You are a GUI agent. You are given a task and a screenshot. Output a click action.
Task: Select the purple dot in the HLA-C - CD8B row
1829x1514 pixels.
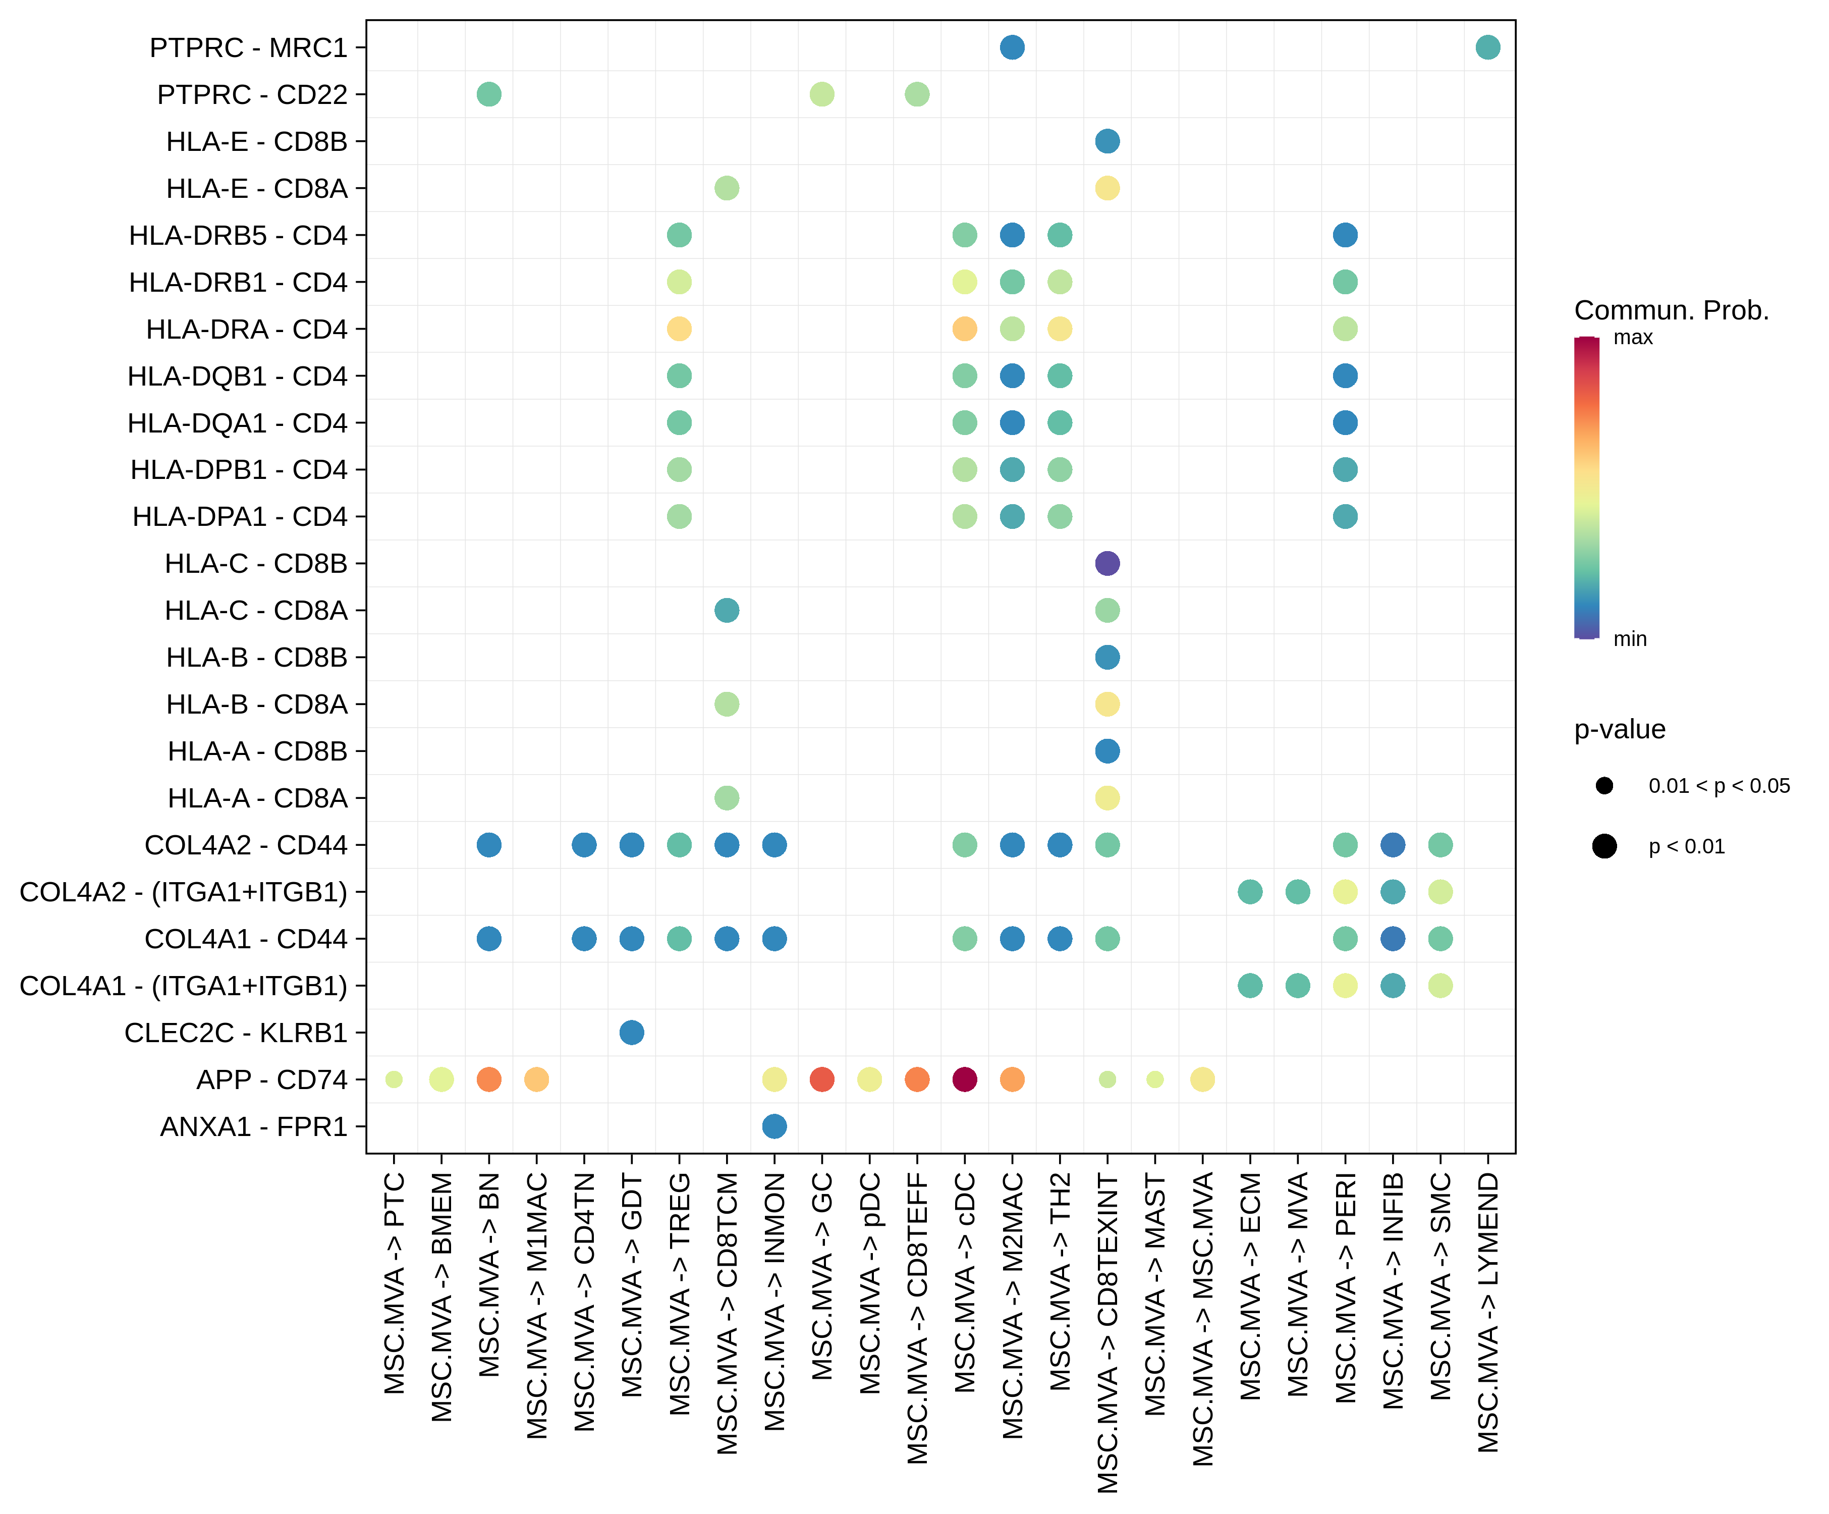[1107, 564]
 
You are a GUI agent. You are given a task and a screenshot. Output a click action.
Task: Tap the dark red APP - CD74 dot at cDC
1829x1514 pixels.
[964, 1079]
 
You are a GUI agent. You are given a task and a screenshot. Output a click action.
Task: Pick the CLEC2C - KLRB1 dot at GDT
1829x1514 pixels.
[631, 1032]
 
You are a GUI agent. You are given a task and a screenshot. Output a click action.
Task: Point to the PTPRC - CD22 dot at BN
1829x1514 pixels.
[488, 94]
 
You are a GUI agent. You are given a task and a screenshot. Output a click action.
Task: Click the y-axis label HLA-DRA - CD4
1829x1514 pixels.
[247, 329]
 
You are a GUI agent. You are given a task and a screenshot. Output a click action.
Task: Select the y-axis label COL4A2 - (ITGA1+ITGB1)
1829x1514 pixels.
[183, 892]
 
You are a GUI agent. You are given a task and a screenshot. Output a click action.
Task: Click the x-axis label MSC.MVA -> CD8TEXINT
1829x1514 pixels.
[1107, 1333]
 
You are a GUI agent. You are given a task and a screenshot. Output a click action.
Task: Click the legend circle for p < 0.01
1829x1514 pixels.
[1604, 846]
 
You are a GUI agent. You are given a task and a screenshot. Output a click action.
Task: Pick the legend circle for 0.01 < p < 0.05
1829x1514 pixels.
[1604, 786]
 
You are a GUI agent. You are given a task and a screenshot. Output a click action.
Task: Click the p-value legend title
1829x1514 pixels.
[1619, 729]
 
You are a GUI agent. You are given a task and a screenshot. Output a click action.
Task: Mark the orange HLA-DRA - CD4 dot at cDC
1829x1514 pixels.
[964, 329]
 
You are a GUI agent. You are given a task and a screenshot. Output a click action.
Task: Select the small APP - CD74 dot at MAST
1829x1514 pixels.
[1155, 1079]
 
